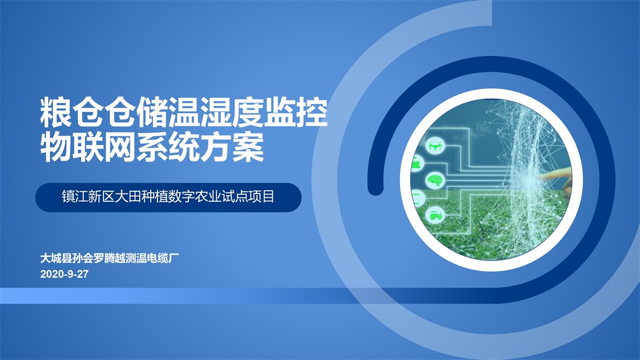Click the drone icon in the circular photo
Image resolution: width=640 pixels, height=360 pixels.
pyautogui.click(x=435, y=146)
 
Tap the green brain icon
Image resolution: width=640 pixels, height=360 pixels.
pyautogui.click(x=435, y=179)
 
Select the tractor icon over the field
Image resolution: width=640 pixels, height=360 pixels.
pyautogui.click(x=435, y=215)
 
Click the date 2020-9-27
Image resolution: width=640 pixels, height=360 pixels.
pyautogui.click(x=64, y=274)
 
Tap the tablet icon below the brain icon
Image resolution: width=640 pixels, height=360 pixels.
pyautogui.click(x=417, y=198)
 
